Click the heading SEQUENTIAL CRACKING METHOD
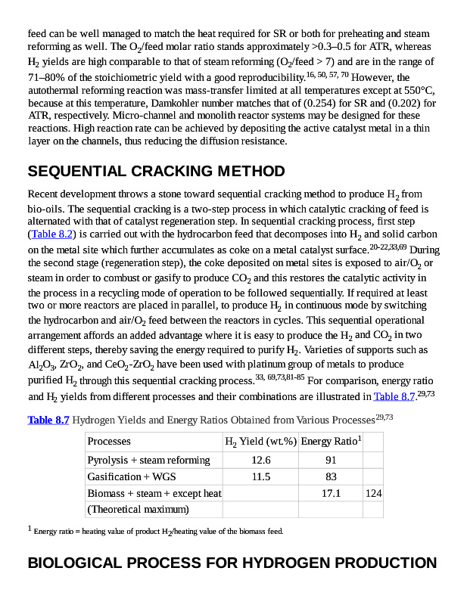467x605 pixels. coord(156,171)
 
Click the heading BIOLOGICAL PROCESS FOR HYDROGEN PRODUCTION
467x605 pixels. coord(232,563)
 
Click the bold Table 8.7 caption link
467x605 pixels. coord(48,419)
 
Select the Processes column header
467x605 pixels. coord(109,441)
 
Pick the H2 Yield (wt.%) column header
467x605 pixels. coord(260,441)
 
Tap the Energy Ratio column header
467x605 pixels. coord(331,441)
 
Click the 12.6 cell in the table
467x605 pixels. coord(260,460)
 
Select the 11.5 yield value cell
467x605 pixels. coord(260,476)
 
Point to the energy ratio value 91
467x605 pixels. coord(331,460)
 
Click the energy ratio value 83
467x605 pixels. coord(331,476)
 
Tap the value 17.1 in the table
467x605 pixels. coord(331,493)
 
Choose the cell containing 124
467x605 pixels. coord(373,493)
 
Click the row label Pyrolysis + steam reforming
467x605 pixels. coord(148,460)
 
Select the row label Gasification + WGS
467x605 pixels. coord(132,476)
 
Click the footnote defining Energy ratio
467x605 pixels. coord(158,531)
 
